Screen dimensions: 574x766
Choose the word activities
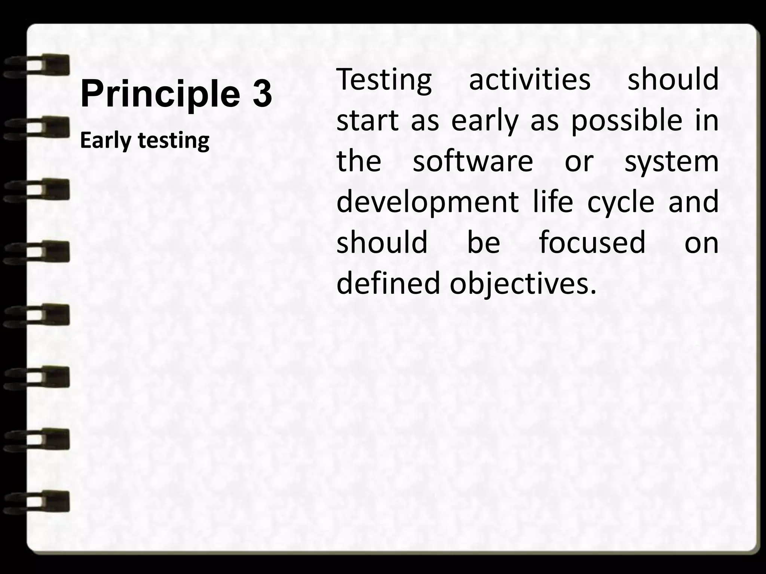(529, 80)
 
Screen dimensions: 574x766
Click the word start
(367, 121)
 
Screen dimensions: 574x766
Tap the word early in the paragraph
(485, 122)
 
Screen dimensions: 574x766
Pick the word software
(473, 161)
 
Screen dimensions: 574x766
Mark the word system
(671, 162)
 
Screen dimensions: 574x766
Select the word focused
(592, 242)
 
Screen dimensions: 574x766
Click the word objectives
(522, 283)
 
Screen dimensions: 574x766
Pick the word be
(484, 242)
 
